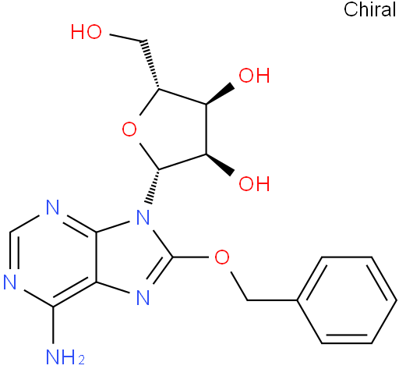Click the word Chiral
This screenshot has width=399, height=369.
pyautogui.click(x=370, y=9)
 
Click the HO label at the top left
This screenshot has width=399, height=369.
pyautogui.click(x=87, y=32)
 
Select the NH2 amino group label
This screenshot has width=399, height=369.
pyautogui.click(x=65, y=357)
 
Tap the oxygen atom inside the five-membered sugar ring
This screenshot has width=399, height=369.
pyautogui.click(x=129, y=130)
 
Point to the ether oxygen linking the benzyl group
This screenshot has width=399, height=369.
pyautogui.click(x=222, y=257)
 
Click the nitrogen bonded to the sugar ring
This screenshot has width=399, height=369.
pyautogui.click(x=143, y=218)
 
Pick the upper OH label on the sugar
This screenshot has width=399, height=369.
pyautogui.click(x=254, y=76)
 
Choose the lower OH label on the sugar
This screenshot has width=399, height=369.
pyautogui.click(x=254, y=183)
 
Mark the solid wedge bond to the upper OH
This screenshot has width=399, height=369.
pyautogui.click(x=221, y=94)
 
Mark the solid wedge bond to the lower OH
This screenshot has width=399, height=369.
pyautogui.click(x=221, y=165)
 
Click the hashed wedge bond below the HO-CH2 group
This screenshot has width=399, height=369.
pyautogui.click(x=150, y=65)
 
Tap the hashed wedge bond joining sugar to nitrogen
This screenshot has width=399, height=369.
pyautogui.click(x=153, y=186)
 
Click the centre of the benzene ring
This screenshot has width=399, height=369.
pyautogui.click(x=347, y=300)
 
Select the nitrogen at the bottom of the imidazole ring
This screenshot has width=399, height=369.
pyautogui.click(x=143, y=297)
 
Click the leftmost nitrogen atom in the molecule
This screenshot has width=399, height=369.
pyautogui.click(x=10, y=282)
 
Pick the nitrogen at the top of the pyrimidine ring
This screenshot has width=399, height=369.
pyautogui.click(x=53, y=207)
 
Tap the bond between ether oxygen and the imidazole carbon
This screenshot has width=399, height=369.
pyautogui.click(x=190, y=257)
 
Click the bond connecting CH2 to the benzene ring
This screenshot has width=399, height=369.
pyautogui.click(x=272, y=300)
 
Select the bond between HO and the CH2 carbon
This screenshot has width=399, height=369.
pyautogui.click(x=126, y=37)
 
